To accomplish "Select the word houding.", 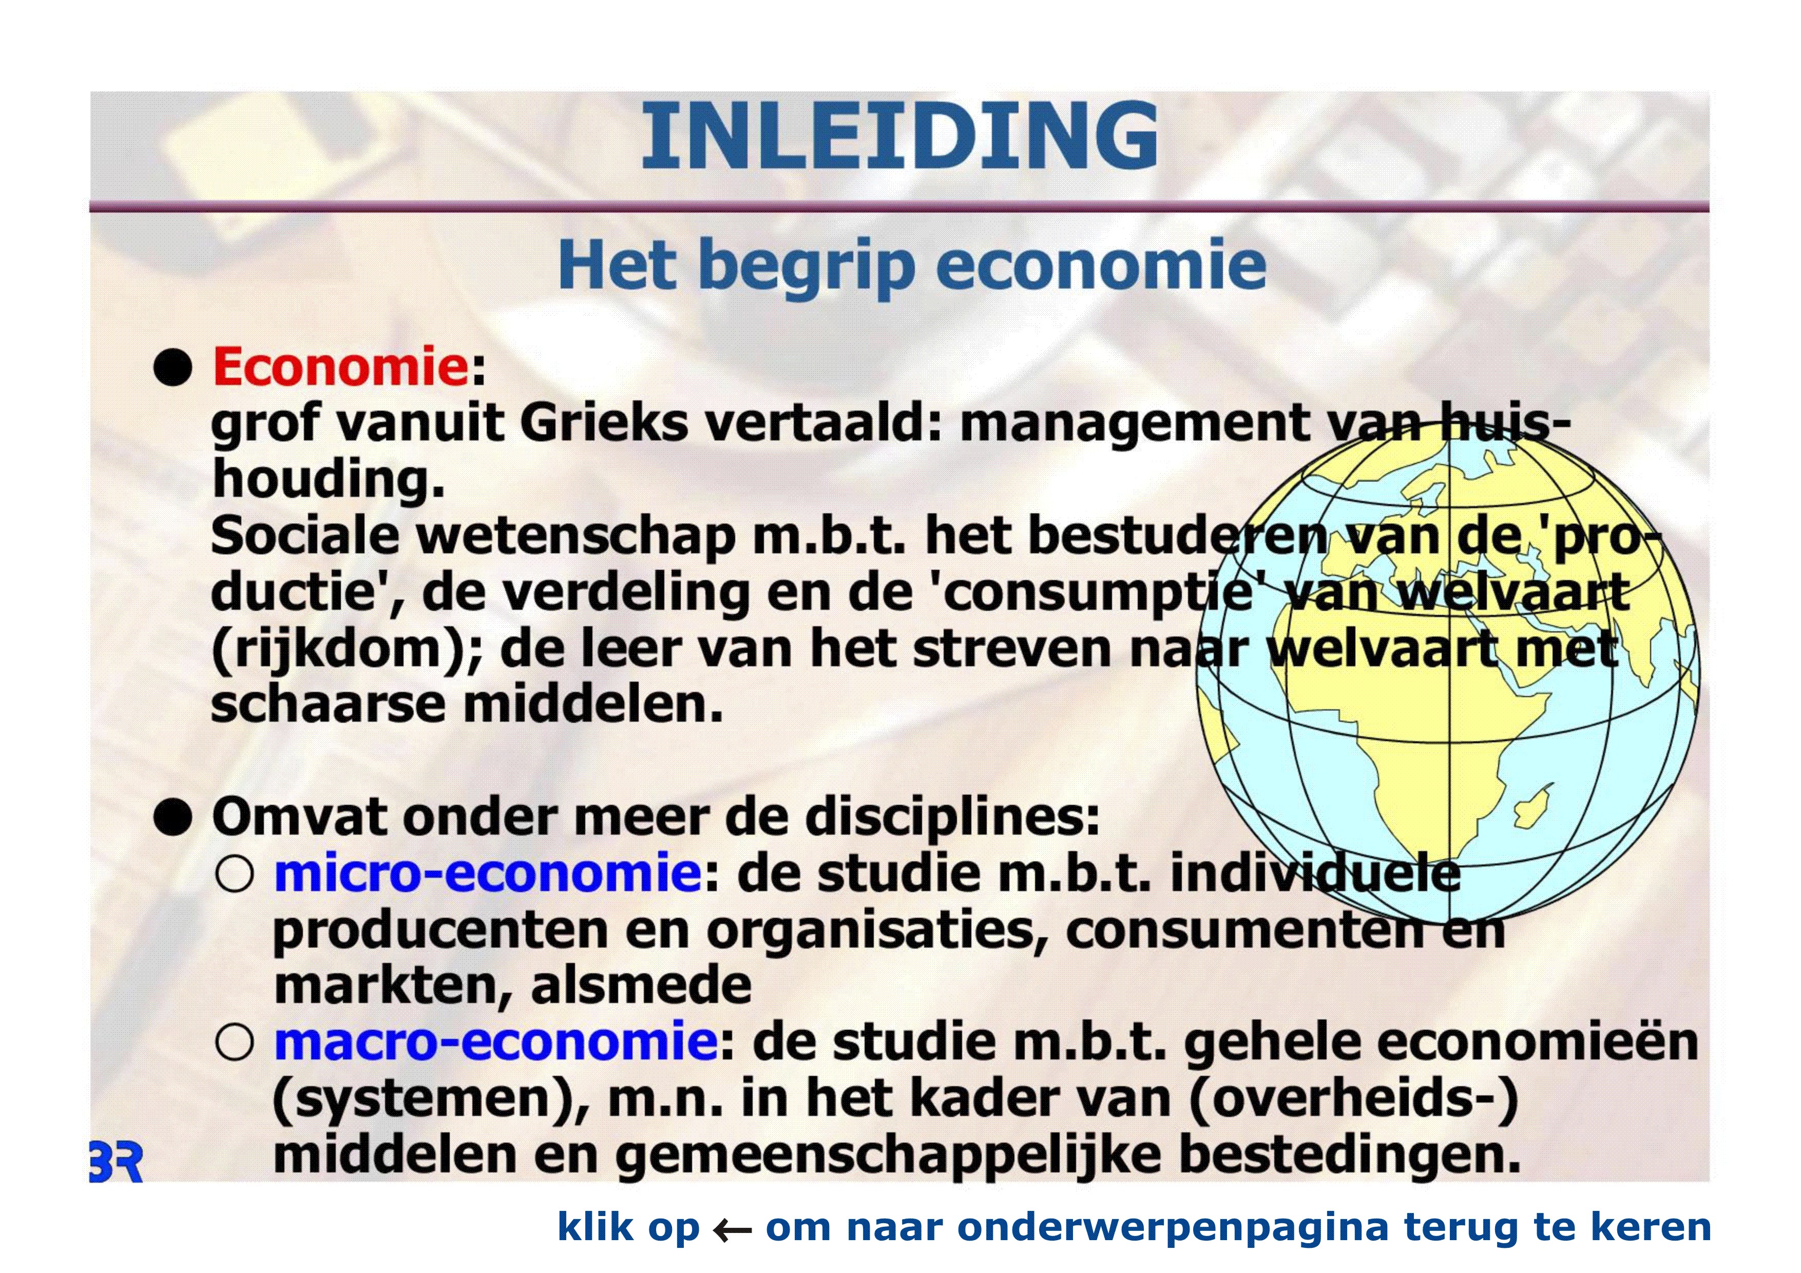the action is (x=329, y=479).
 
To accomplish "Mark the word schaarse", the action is (x=329, y=704).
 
